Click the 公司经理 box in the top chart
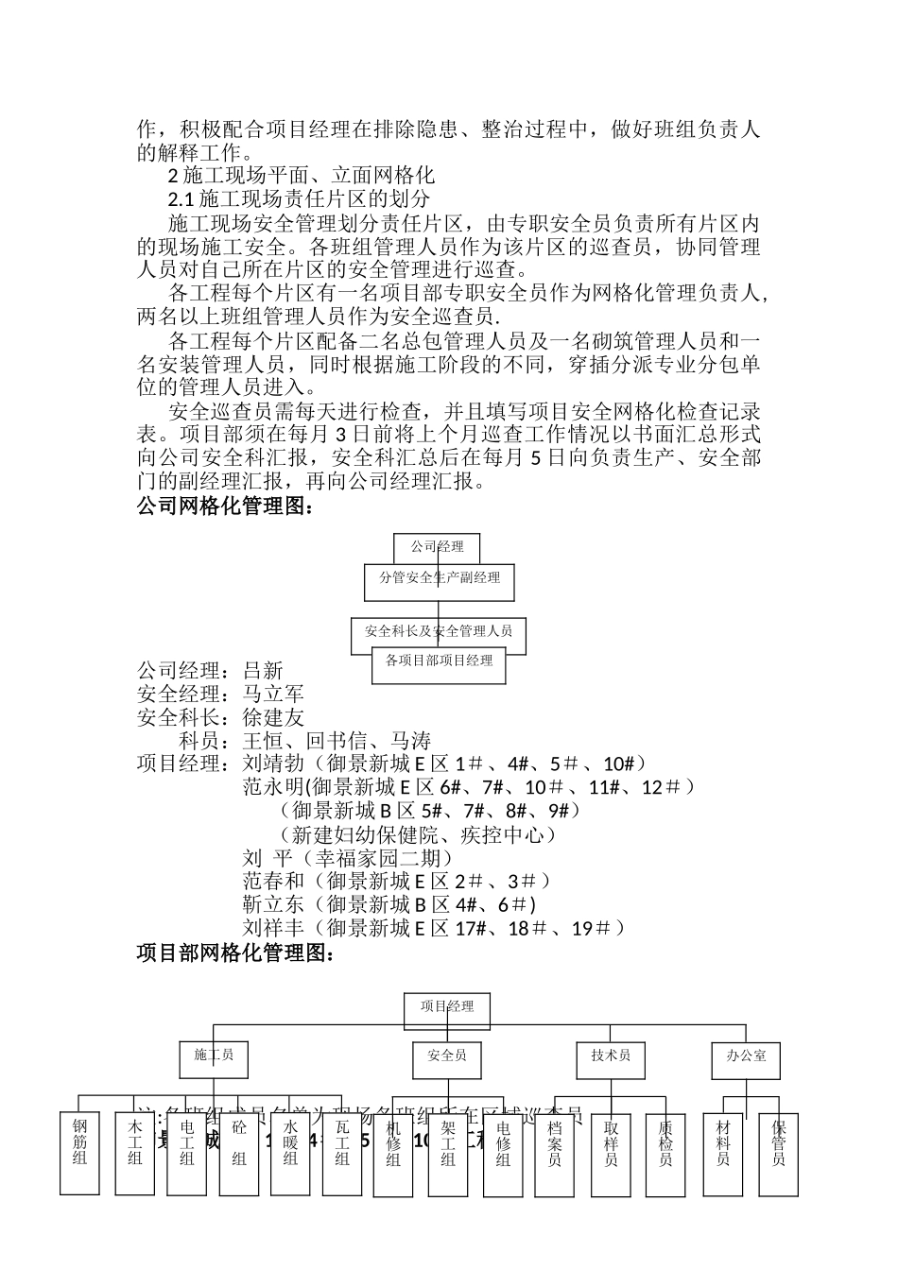437,547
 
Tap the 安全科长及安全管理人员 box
439,631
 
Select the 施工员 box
214,1059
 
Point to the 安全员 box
446,1059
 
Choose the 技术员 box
611,1059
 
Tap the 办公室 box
746,1059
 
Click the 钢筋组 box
79,1153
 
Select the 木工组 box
134,1153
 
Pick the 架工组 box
448,1153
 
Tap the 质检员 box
665,1153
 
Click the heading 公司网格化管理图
225,507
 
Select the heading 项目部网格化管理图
235,954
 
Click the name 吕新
263,672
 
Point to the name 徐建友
273,718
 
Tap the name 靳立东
273,904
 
